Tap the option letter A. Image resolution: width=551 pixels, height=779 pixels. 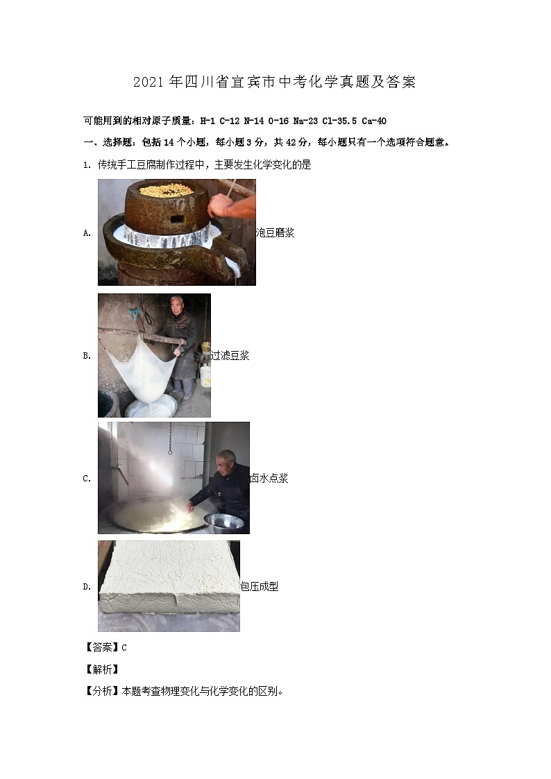tap(87, 234)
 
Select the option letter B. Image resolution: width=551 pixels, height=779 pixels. tap(87, 356)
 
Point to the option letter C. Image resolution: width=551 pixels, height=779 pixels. tap(87, 479)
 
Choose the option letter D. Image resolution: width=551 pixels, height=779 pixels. tap(87, 587)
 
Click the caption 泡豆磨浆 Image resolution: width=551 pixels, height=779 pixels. tap(275, 233)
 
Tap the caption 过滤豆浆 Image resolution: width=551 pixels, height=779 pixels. tap(230, 356)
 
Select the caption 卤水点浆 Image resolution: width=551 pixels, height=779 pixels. tap(269, 478)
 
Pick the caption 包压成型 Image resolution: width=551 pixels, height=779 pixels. tap(259, 587)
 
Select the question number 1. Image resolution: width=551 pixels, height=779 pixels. tap(85, 165)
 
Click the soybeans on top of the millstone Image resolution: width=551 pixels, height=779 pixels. tap(166, 189)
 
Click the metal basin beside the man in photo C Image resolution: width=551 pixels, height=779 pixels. tap(224, 522)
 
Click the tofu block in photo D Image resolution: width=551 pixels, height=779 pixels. tap(167, 583)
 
